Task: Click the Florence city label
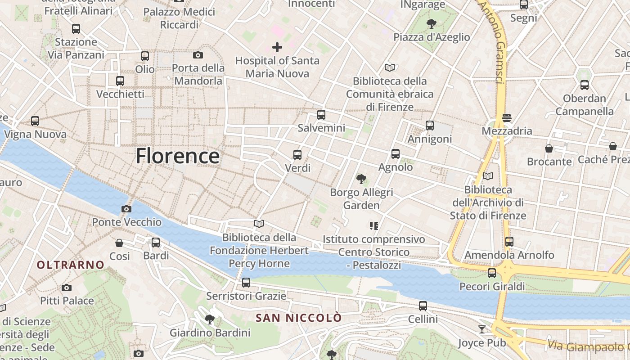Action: (x=178, y=156)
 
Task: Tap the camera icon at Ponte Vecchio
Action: (x=126, y=209)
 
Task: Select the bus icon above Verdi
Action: (x=297, y=155)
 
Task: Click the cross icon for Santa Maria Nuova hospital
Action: (x=277, y=47)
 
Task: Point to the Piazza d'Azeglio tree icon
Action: (x=432, y=23)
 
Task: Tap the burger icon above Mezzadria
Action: (x=507, y=118)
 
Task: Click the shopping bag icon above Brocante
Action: (x=549, y=148)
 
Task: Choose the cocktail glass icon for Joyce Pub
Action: (x=482, y=329)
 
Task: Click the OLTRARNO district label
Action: (x=71, y=265)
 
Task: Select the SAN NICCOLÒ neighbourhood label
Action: (x=299, y=318)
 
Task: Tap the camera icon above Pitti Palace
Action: (x=67, y=288)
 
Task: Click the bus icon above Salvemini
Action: (x=321, y=115)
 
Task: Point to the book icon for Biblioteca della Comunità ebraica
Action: (x=390, y=67)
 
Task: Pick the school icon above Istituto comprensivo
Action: (x=373, y=225)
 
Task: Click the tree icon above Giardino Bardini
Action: (x=209, y=319)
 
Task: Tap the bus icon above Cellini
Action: (x=423, y=306)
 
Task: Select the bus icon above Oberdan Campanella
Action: (x=584, y=85)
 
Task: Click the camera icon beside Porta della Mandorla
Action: (x=198, y=55)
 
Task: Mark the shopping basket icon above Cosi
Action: (x=119, y=243)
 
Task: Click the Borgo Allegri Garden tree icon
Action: (x=361, y=179)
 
